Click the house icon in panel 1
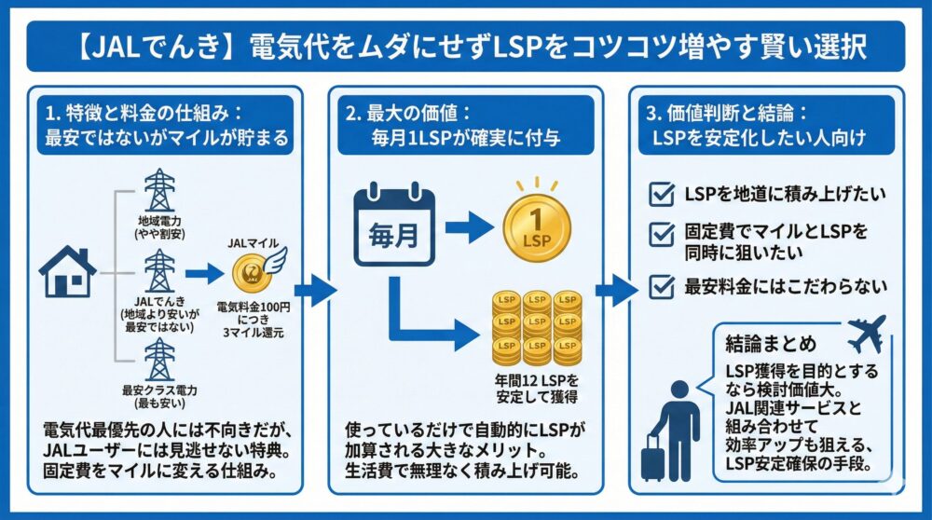[67, 272]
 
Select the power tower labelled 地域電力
[159, 191]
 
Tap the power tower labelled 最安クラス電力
[160, 361]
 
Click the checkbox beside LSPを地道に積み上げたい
[661, 195]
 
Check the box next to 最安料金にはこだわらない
[661, 286]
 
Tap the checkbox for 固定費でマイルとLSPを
[661, 230]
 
